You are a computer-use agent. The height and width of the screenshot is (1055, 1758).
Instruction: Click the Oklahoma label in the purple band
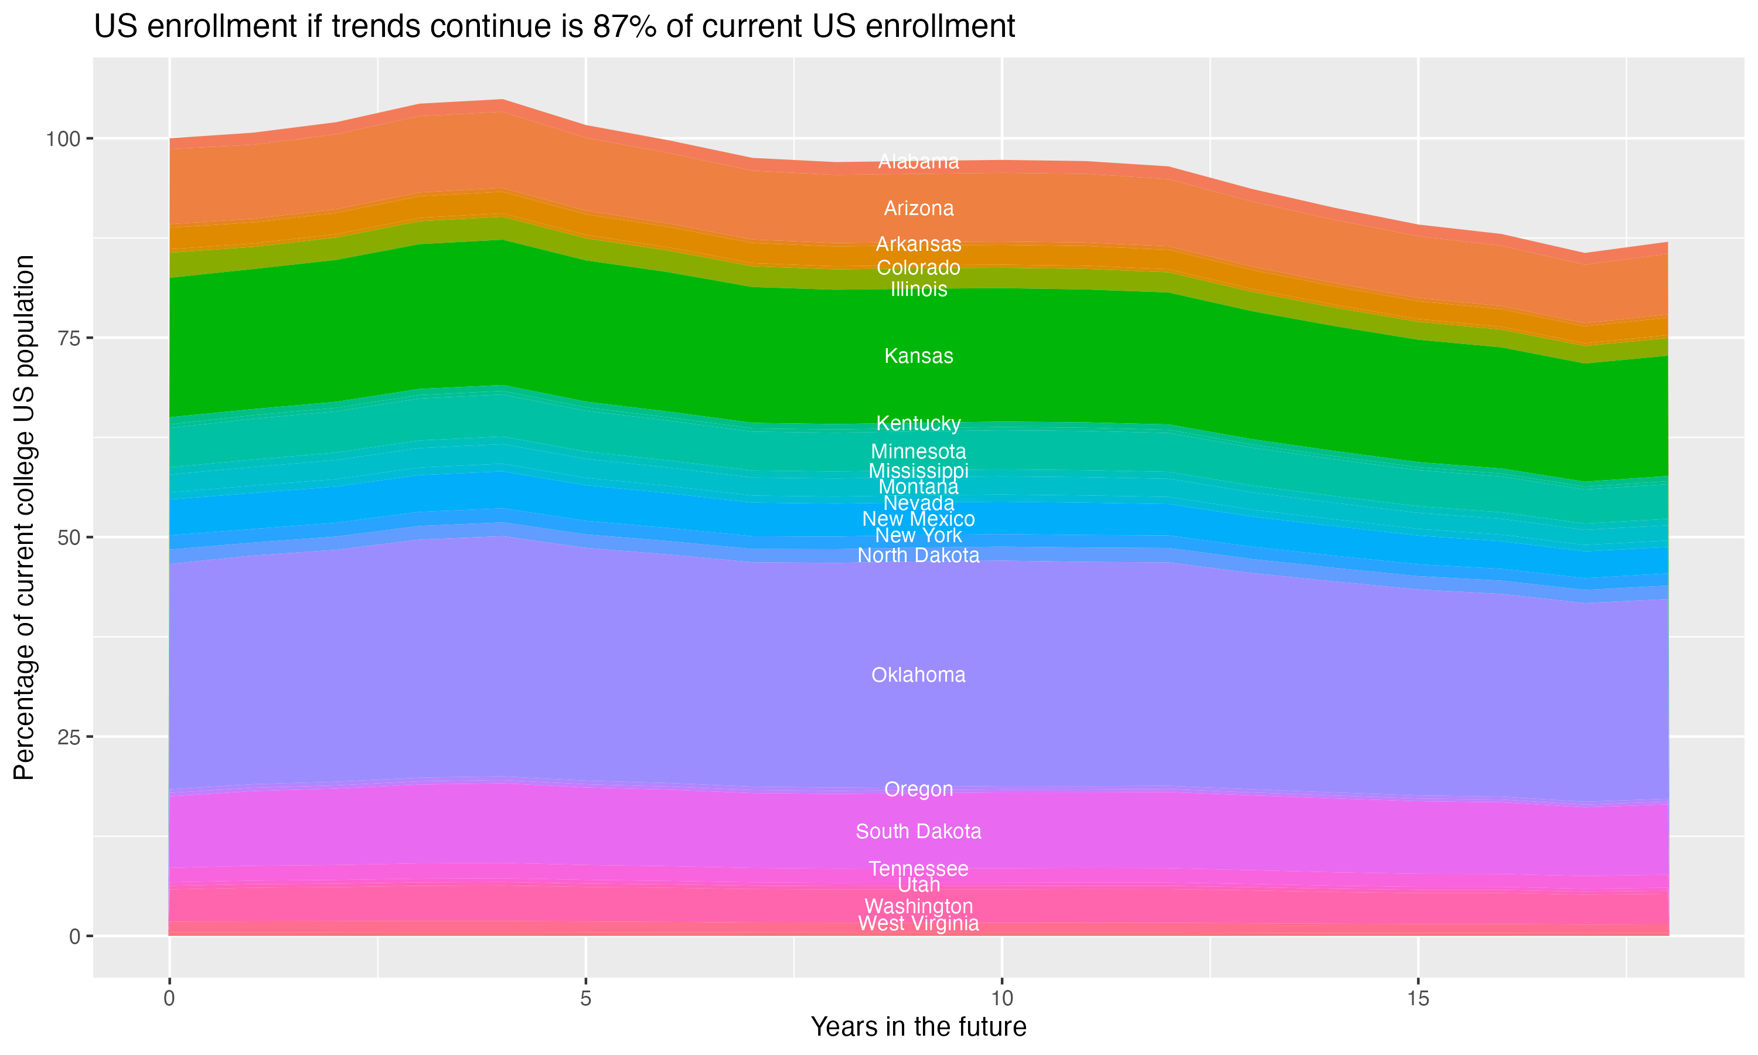918,675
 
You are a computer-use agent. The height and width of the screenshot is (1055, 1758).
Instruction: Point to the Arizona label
918,208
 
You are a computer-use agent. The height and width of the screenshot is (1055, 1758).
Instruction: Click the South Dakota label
918,831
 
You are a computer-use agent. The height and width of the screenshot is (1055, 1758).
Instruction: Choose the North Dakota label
918,555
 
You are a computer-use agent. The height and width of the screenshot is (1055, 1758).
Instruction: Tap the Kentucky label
918,423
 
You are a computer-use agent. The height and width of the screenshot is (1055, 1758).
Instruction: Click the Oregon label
918,789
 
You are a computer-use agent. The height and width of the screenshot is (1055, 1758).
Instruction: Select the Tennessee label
918,868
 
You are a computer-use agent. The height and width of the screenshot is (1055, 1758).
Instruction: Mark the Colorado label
918,267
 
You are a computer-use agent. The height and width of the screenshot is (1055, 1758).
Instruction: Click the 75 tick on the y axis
70,338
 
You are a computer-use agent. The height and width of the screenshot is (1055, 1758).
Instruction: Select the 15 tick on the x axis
1418,999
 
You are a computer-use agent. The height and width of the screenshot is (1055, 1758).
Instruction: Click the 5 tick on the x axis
585,999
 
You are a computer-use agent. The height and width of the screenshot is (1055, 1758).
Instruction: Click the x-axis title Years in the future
918,1026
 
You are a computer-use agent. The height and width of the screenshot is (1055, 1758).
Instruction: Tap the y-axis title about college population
24,517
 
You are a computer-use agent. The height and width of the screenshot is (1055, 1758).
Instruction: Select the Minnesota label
918,451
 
